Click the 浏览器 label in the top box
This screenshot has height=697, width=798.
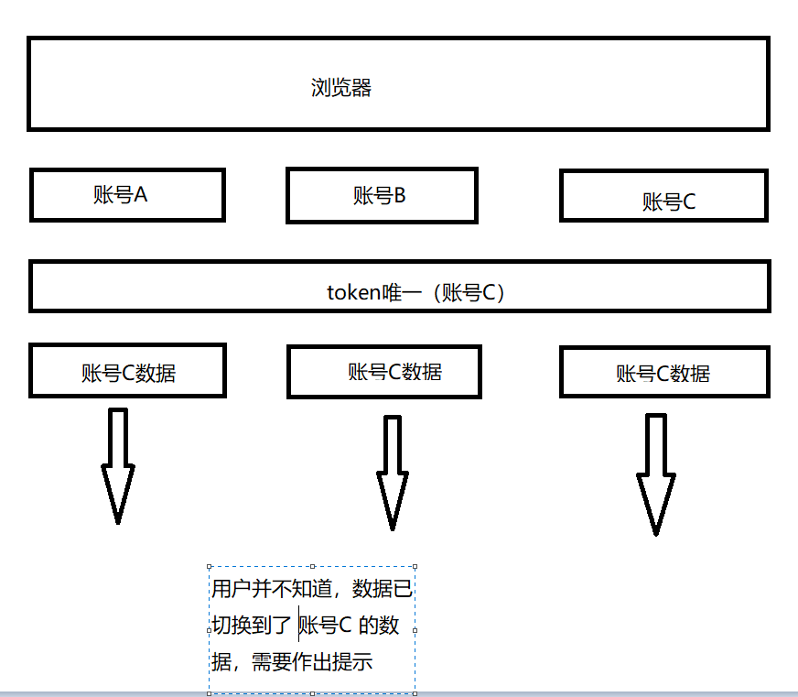click(341, 89)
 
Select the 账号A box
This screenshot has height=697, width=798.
click(126, 194)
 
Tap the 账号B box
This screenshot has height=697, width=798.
click(381, 195)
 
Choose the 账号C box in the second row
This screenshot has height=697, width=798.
click(663, 196)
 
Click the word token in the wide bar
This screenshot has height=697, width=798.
click(352, 292)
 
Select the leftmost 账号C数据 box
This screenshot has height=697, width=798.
click(127, 371)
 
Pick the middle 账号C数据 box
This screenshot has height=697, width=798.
click(384, 371)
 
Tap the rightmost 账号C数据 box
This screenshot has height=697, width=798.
click(663, 372)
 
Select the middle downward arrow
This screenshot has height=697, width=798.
click(393, 473)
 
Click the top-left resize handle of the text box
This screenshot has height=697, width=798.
click(210, 567)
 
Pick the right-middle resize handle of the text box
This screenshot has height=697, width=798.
click(415, 630)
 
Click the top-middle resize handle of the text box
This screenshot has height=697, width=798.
click(313, 567)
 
